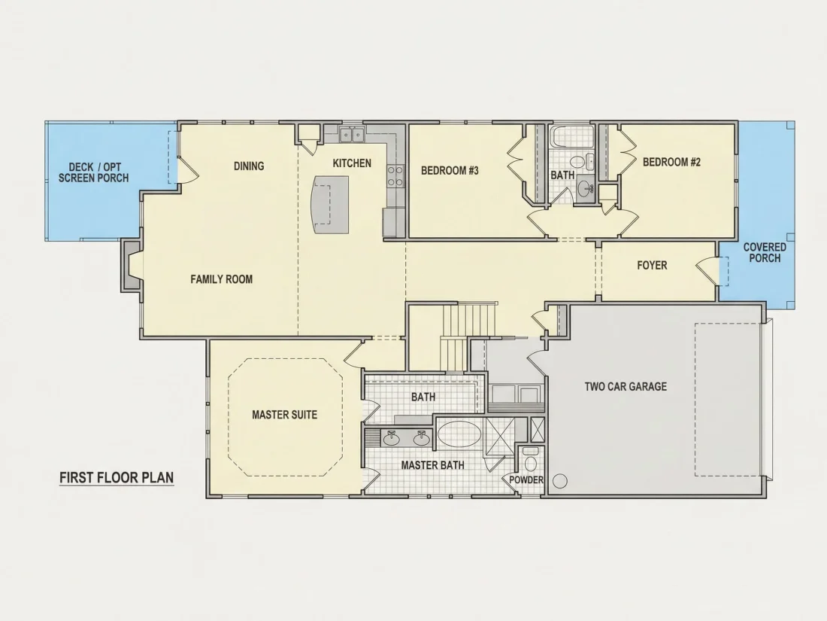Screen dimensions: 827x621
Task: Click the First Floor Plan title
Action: (117, 477)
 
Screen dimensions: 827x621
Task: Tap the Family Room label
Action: (222, 279)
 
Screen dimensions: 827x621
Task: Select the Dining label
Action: (249, 166)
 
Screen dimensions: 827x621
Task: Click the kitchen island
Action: (331, 204)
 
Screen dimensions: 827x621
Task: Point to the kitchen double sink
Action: (351, 135)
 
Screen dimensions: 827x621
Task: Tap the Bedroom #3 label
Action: (450, 171)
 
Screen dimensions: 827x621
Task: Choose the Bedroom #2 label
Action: (671, 162)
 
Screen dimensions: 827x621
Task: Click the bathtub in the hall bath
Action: (570, 137)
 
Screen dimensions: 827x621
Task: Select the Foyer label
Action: (652, 265)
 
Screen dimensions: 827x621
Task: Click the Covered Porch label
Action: (765, 252)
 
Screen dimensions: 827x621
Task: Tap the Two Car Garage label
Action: (626, 387)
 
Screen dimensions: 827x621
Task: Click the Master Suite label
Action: (285, 415)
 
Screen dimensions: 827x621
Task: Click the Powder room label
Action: (526, 479)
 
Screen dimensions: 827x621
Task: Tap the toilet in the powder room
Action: (531, 460)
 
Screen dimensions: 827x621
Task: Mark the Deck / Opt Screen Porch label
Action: (94, 172)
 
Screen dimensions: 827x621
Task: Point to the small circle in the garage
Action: (560, 481)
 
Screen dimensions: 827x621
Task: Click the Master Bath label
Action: (432, 465)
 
